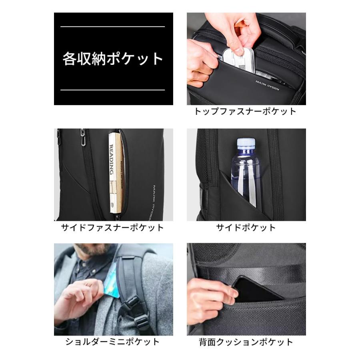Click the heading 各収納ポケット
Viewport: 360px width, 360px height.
[x=113, y=59]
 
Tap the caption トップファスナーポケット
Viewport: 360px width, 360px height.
[x=245, y=112]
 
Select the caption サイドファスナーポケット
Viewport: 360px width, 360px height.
[x=112, y=228]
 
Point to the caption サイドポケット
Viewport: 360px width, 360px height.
[x=246, y=228]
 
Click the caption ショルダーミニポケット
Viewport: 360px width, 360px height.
[x=112, y=342]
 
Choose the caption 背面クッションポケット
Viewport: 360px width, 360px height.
[x=246, y=342]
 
